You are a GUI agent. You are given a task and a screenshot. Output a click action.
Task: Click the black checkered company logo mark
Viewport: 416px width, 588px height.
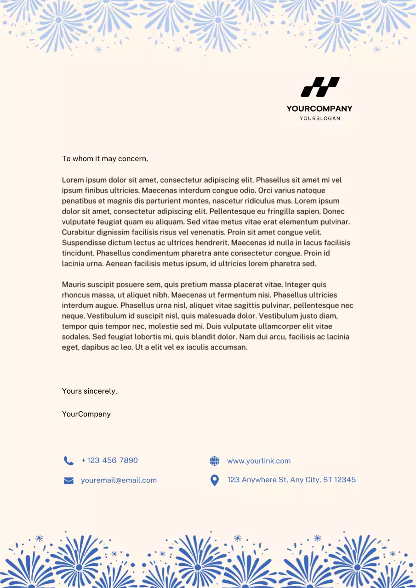[320, 87]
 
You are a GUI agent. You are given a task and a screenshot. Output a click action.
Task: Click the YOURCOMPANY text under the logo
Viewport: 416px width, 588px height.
[319, 109]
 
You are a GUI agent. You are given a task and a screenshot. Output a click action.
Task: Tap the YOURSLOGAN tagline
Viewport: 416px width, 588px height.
[320, 119]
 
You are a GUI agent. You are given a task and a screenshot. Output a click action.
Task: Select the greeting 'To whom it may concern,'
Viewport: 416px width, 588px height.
[105, 159]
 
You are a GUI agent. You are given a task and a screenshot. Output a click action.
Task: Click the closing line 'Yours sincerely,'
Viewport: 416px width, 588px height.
[90, 391]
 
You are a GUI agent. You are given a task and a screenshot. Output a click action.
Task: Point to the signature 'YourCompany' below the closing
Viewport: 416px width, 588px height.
[86, 414]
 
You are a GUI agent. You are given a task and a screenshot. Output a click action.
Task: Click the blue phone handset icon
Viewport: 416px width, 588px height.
[68, 461]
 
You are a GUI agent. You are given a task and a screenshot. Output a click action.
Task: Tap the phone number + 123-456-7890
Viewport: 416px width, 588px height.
[109, 461]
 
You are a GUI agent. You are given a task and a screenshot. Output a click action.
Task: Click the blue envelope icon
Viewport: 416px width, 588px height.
[68, 481]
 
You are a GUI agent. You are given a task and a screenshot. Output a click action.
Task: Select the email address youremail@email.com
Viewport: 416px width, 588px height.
[119, 481]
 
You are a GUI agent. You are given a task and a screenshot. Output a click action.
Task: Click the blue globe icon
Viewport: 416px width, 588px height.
[214, 461]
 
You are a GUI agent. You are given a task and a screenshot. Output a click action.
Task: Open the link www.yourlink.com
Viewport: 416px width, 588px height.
[259, 461]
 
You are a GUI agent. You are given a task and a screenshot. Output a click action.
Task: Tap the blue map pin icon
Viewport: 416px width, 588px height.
[214, 481]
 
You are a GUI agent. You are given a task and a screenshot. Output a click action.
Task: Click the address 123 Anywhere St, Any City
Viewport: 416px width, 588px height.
[291, 480]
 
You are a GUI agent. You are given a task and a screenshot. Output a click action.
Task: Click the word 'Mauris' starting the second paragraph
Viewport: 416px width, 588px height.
[73, 285]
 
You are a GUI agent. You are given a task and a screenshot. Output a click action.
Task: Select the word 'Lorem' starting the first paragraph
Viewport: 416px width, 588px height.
[73, 180]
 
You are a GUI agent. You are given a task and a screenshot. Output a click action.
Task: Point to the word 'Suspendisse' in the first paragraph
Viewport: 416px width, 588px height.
[83, 243]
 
